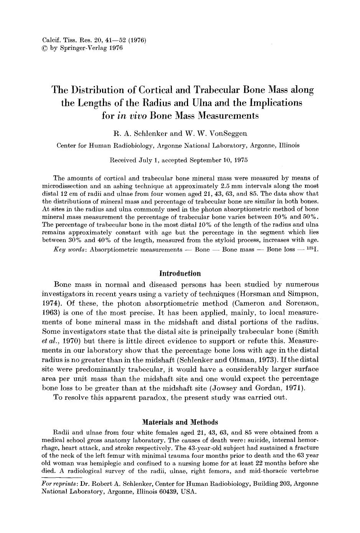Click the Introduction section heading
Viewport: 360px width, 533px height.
pyautogui.click(x=180, y=274)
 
